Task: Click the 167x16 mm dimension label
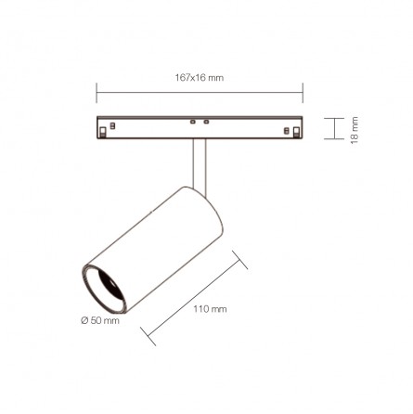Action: click(x=200, y=78)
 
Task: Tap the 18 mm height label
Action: click(x=355, y=130)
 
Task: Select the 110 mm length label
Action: click(x=210, y=309)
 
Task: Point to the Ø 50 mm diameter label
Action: click(x=100, y=320)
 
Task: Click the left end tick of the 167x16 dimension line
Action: click(x=97, y=93)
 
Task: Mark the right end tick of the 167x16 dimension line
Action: click(x=303, y=93)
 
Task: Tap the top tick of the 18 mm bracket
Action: click(x=334, y=118)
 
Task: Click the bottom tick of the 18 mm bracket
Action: click(x=334, y=139)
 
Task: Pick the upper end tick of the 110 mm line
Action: click(x=239, y=260)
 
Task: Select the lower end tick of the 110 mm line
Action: click(x=148, y=336)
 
